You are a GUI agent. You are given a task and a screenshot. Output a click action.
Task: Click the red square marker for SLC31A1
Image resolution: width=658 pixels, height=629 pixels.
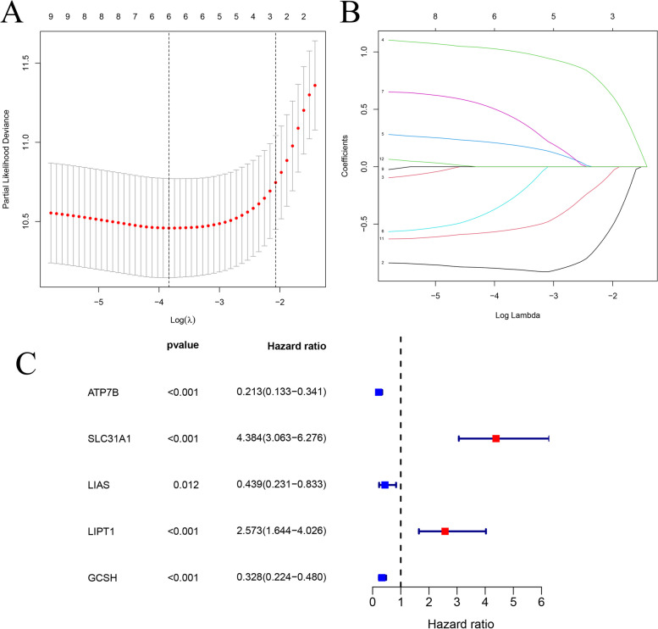tap(495, 438)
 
